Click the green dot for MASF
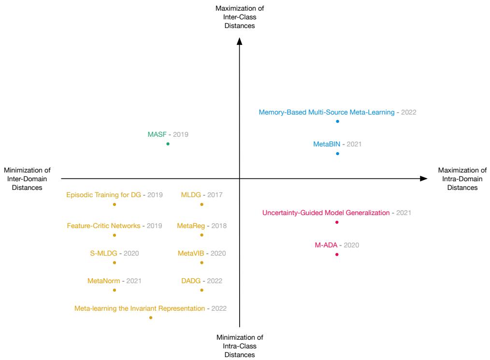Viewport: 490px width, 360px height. point(168,144)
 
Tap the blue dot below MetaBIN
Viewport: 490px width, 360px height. point(337,154)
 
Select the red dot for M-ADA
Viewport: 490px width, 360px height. point(337,254)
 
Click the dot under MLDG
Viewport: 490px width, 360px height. point(202,204)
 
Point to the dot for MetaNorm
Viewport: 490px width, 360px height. point(115,290)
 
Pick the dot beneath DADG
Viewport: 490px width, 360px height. point(202,290)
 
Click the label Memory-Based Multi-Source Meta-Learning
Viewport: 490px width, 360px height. point(327,112)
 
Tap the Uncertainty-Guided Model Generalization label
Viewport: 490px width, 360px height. point(326,213)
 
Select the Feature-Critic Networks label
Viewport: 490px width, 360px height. point(104,226)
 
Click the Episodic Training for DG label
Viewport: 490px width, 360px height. point(103,195)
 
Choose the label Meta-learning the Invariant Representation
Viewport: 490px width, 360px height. point(140,308)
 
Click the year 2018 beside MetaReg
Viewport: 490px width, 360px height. point(218,226)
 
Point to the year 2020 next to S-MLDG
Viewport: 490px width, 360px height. point(131,253)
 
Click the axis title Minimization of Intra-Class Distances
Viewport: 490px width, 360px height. point(240,346)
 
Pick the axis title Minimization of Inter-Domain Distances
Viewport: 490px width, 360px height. point(27,179)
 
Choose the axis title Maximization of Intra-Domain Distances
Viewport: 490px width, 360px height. point(462,179)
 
